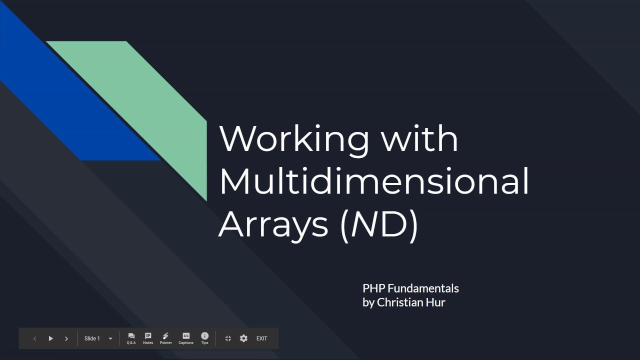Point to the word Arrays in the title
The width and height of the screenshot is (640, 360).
[273, 224]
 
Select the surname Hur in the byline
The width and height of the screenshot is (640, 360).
[435, 302]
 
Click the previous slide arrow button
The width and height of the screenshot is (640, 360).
[34, 338]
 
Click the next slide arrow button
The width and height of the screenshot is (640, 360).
[66, 338]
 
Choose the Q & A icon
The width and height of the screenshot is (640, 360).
[131, 338]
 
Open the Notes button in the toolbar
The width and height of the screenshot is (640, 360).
[148, 338]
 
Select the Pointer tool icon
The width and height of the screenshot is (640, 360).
[165, 338]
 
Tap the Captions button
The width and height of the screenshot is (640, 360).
[186, 338]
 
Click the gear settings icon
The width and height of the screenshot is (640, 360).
[243, 338]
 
